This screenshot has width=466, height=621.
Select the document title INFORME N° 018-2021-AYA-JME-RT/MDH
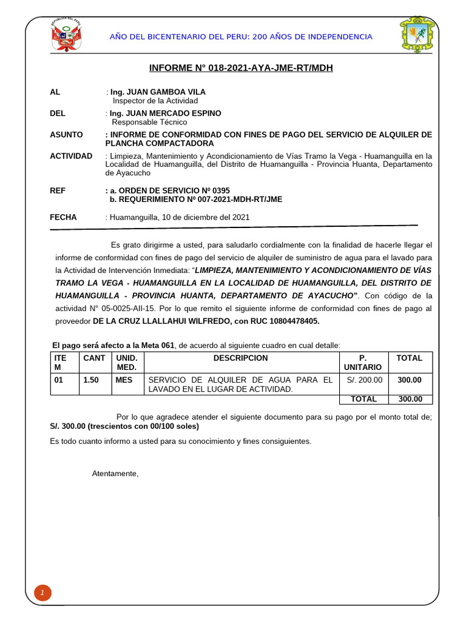click(241, 69)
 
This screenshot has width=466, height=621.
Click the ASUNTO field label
click(67, 135)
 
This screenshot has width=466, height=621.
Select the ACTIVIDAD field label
click(71, 156)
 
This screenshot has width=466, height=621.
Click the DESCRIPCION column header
click(240, 358)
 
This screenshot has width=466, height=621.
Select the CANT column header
click(94, 358)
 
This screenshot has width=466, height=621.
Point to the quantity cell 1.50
click(91, 380)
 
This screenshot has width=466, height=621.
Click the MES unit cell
click(124, 380)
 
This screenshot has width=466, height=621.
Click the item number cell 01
click(59, 380)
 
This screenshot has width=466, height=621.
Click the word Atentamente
click(115, 474)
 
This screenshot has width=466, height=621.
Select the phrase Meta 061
click(159, 345)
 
